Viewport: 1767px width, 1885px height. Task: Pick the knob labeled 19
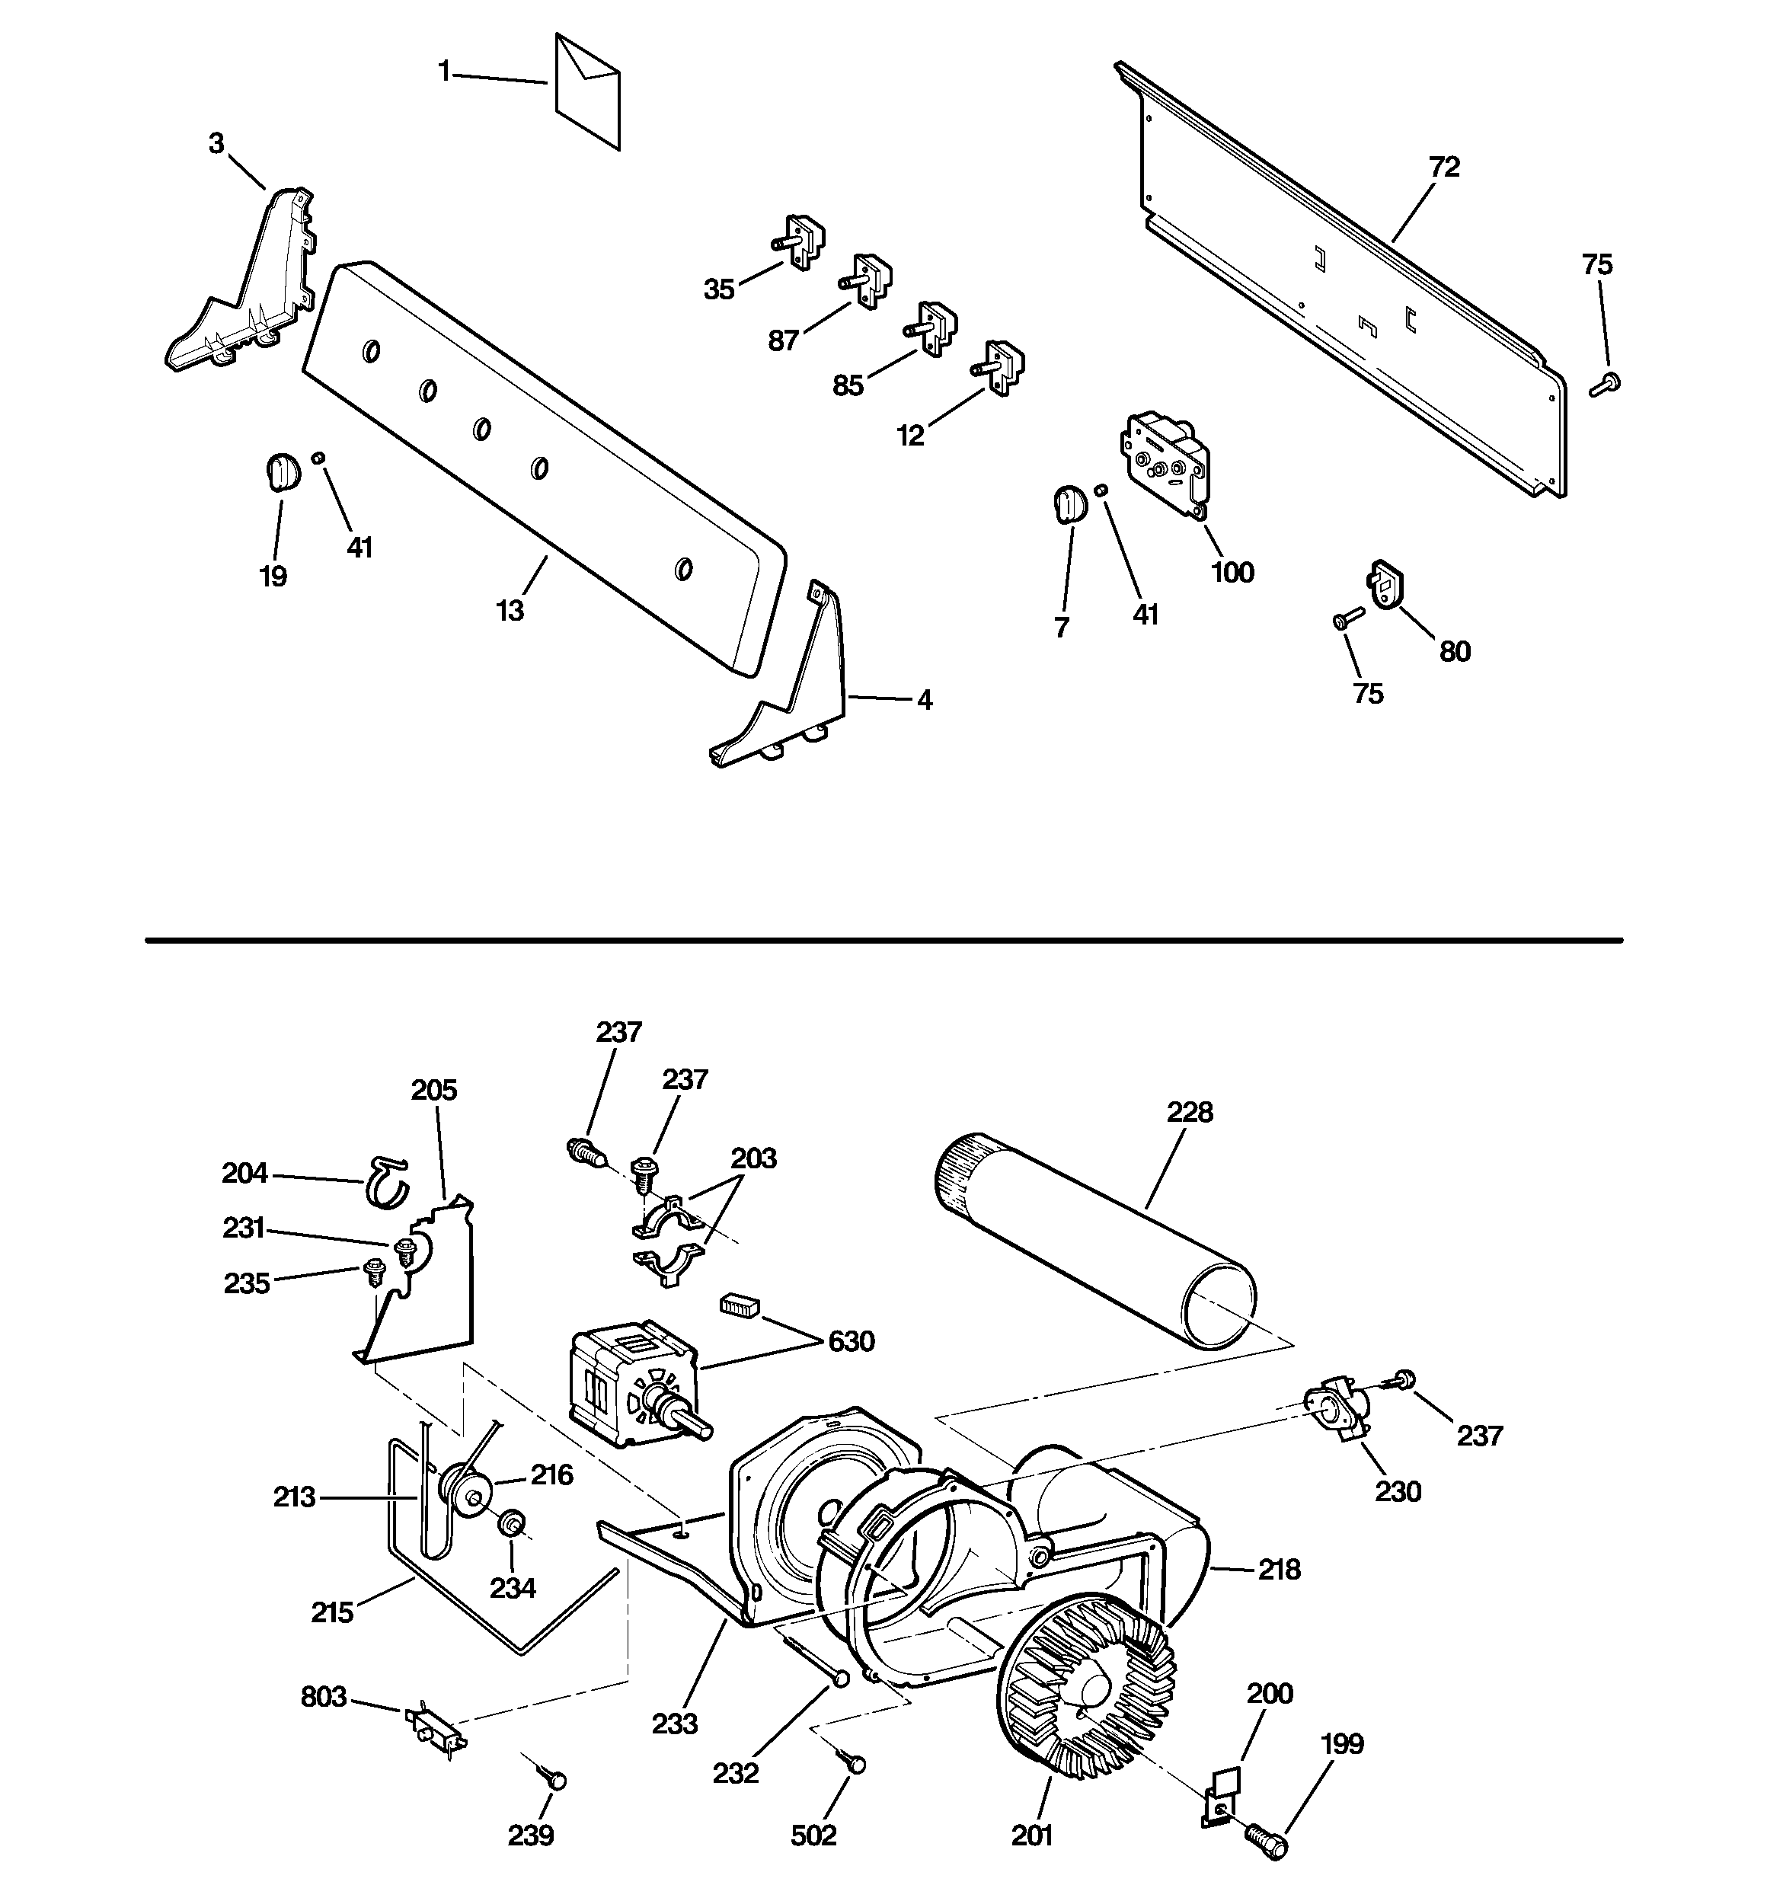[280, 471]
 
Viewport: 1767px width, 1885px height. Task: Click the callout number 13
[510, 612]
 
